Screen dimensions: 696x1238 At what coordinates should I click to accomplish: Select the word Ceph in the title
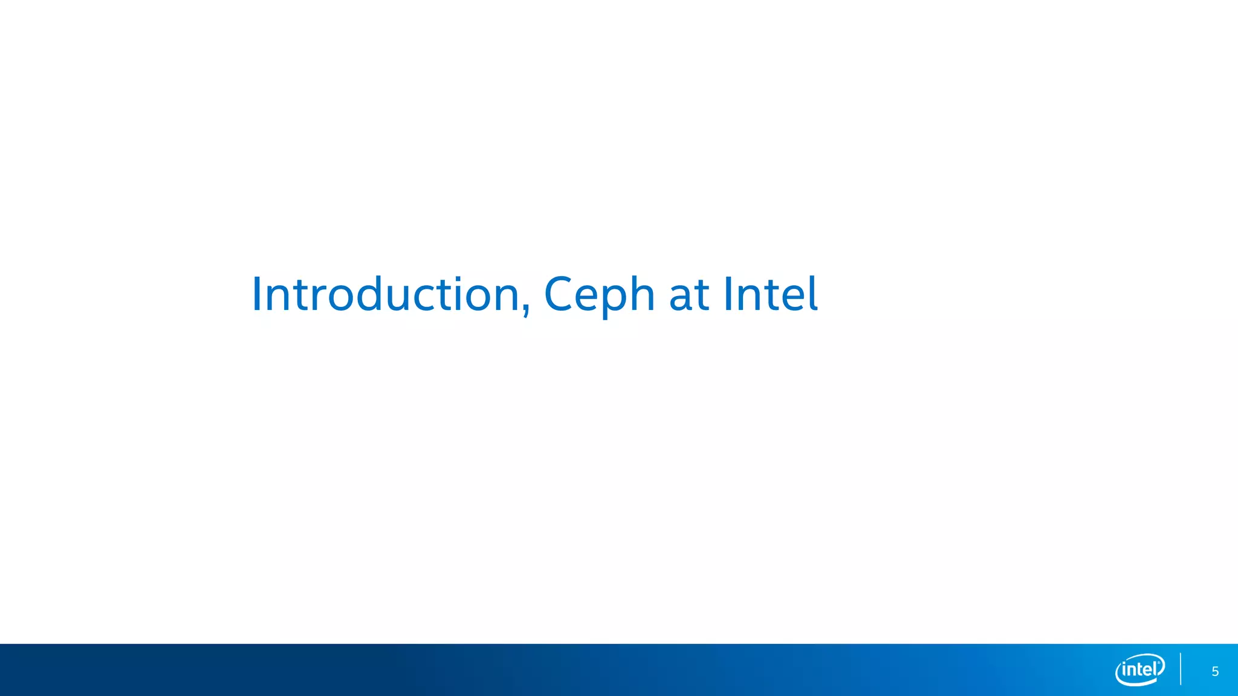(599, 295)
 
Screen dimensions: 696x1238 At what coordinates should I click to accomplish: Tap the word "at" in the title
(689, 295)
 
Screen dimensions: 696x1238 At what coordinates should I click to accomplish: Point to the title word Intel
(770, 294)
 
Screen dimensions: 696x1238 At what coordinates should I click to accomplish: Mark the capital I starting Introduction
(256, 294)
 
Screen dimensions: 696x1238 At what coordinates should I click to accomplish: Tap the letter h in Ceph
(640, 294)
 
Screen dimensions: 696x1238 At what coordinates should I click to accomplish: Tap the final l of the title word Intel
(814, 294)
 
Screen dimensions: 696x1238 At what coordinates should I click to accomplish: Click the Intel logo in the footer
(1139, 670)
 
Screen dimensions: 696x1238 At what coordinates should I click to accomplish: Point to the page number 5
(1215, 672)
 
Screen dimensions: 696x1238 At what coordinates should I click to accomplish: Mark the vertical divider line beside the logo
(1180, 669)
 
